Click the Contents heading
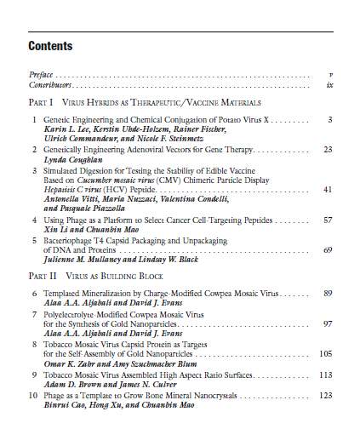[50, 46]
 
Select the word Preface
[41, 75]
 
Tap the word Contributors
[48, 85]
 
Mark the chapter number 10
[32, 396]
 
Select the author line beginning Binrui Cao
[130, 406]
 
